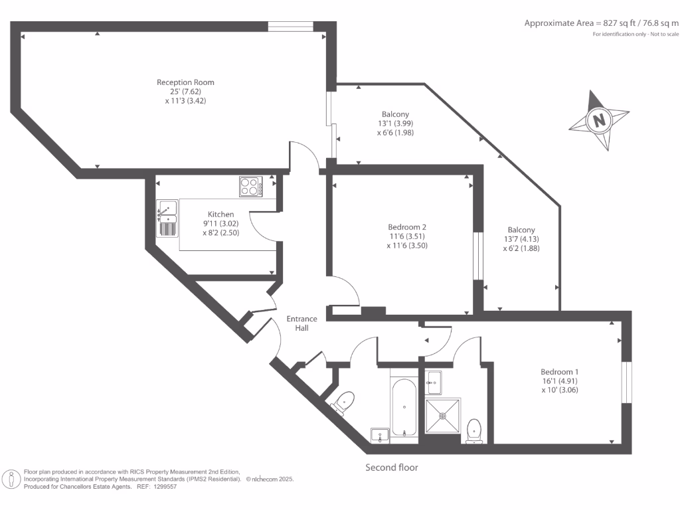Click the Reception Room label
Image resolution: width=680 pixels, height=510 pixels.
185,82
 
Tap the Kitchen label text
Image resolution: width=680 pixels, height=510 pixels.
220,214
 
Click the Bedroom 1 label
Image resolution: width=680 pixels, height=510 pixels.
560,372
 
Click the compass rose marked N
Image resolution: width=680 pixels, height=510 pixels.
599,120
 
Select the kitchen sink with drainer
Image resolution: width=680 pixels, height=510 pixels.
167,218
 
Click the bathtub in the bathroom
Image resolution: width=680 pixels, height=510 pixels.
404,406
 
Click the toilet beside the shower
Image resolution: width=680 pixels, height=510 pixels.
474,429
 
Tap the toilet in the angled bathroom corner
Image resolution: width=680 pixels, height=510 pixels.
344,402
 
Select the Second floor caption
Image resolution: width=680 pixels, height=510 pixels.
392,467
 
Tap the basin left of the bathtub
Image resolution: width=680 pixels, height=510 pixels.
381,434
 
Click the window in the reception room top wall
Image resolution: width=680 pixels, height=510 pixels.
290,27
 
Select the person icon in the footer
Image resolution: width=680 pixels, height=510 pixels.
11,479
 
